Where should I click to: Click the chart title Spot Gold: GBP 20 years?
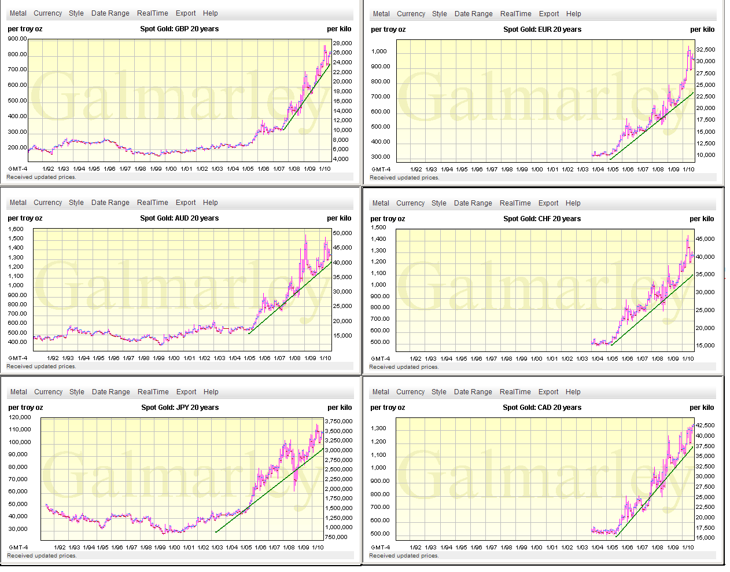click(x=179, y=29)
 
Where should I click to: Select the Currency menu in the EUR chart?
click(x=411, y=14)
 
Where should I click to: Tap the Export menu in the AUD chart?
click(x=186, y=203)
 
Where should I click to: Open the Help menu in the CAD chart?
click(x=573, y=392)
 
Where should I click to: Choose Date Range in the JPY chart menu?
click(x=110, y=392)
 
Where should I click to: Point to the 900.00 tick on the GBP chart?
click(x=17, y=39)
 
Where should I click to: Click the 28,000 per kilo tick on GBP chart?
click(x=342, y=43)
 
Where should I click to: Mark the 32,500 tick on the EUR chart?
click(x=706, y=50)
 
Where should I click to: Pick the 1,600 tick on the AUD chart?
click(x=16, y=229)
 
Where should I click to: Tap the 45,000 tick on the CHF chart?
click(x=705, y=239)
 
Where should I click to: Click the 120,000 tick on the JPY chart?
click(x=20, y=417)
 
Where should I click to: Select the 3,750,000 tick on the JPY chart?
click(x=338, y=421)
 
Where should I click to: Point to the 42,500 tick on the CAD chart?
click(x=705, y=426)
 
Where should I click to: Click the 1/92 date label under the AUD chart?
click(x=53, y=358)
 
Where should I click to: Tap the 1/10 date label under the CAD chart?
click(x=688, y=548)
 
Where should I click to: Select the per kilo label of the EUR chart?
click(x=702, y=30)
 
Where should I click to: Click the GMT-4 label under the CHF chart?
click(x=380, y=359)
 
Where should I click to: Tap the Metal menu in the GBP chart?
click(x=18, y=13)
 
